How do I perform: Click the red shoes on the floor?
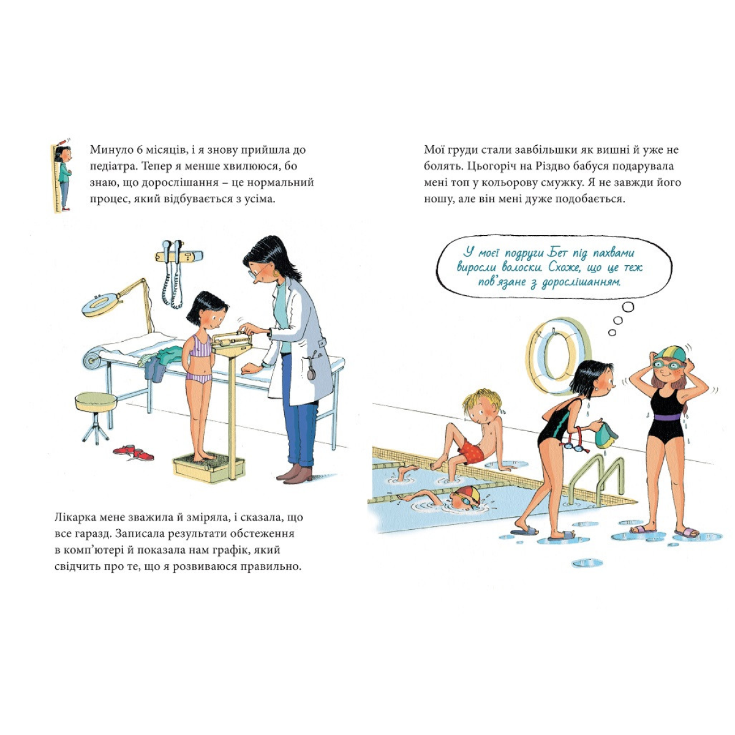133,452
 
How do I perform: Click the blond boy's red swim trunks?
471,452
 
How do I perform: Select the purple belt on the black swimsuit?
668,417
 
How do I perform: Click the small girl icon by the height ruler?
64,175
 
